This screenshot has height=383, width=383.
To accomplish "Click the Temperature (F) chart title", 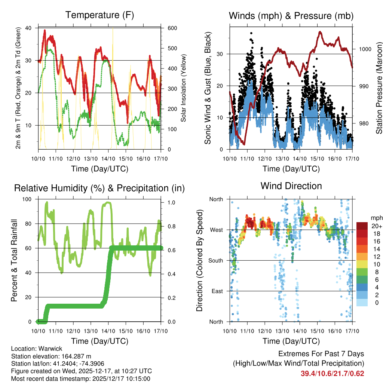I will tap(99, 15).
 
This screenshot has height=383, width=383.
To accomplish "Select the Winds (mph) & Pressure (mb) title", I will tap(291, 16).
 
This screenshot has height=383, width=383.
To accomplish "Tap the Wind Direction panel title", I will tap(291, 186).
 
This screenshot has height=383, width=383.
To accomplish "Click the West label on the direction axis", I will tap(217, 230).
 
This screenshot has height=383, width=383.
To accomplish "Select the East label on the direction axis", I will tap(217, 291).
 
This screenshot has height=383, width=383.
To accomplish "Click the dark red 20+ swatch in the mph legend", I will tap(362, 226).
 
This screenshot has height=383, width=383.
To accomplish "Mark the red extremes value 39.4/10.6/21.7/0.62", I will tap(332, 373).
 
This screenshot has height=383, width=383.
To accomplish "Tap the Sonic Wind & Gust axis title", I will tap(208, 89).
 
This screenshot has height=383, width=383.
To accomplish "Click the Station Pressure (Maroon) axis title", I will tap(379, 88).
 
